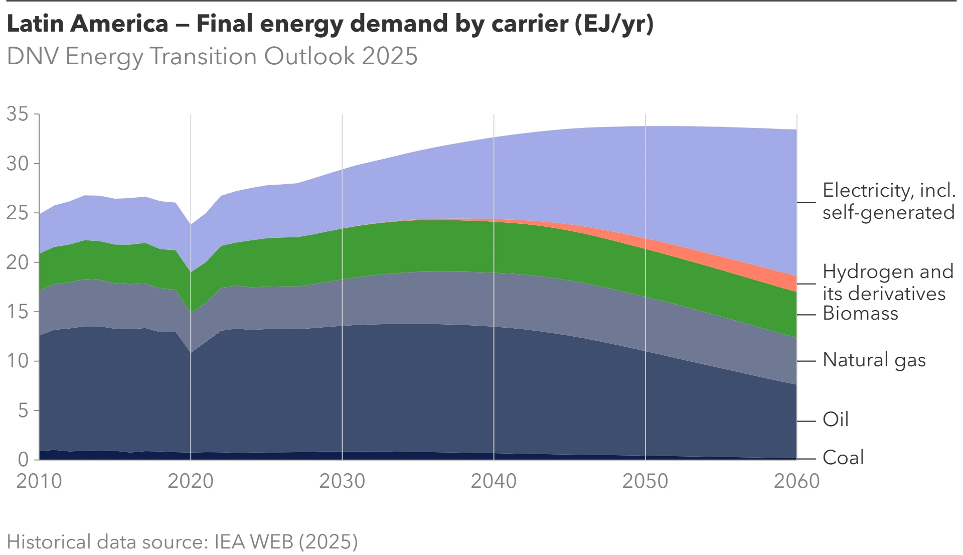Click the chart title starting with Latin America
[x=330, y=24]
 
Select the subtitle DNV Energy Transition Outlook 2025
[x=212, y=56]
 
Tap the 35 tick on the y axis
[x=17, y=114]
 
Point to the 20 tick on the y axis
[x=17, y=262]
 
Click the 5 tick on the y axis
[x=23, y=411]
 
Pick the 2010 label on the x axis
[x=39, y=481]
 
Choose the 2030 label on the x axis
[x=342, y=481]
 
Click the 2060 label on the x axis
[x=796, y=481]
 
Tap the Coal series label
[x=843, y=458]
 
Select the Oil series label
[x=836, y=420]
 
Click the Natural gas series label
[x=874, y=360]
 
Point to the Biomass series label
[x=860, y=314]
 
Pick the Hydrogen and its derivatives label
[x=887, y=283]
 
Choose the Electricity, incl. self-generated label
[x=888, y=201]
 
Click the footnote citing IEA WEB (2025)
[x=182, y=542]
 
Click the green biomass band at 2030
[x=342, y=253]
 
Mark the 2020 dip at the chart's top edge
[x=191, y=224]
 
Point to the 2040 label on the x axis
[x=494, y=481]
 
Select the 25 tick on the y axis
[x=17, y=213]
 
